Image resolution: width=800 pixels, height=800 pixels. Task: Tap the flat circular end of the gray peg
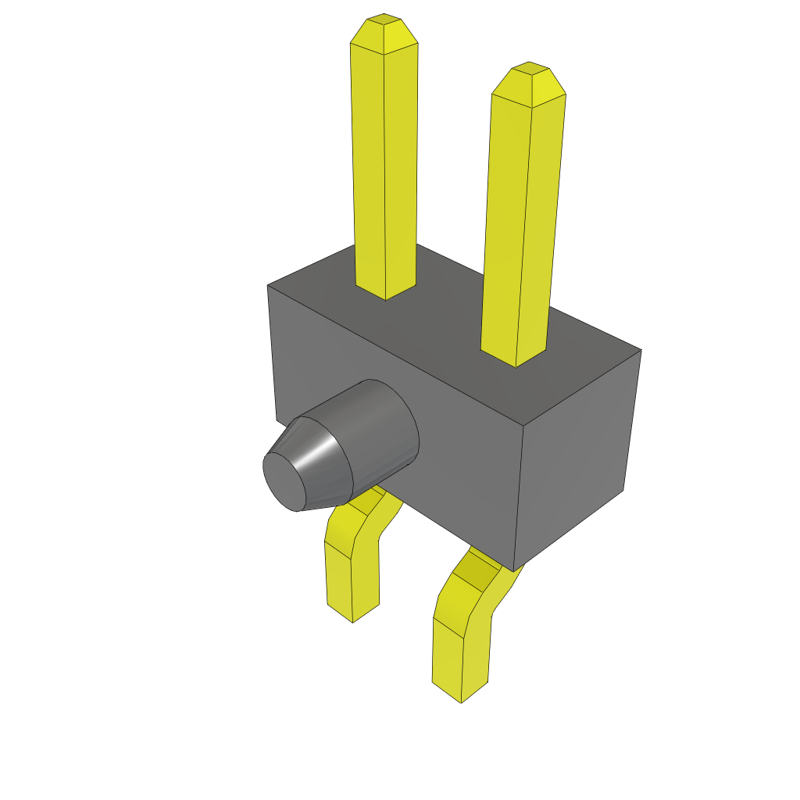click(x=284, y=481)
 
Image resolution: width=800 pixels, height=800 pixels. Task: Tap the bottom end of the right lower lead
click(x=461, y=691)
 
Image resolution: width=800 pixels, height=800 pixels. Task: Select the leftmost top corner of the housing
click(x=268, y=285)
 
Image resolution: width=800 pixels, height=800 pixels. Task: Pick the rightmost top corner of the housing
click(x=641, y=349)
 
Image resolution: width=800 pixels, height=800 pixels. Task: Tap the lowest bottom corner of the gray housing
click(x=513, y=570)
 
